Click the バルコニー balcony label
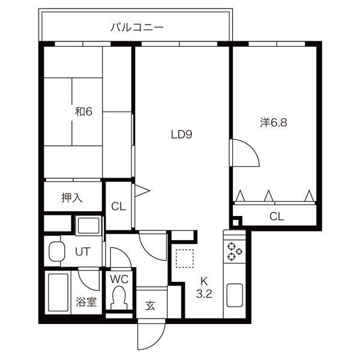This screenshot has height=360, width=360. click(137, 27)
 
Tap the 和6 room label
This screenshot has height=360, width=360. click(83, 112)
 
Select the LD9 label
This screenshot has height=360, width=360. click(181, 135)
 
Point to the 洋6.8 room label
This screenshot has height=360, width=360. click(274, 122)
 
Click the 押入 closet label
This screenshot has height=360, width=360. click(72, 197)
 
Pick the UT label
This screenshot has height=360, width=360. click(82, 251)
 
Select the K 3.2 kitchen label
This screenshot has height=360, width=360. click(204, 287)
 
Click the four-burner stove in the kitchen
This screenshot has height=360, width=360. click(233, 251)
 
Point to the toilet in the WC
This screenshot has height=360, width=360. click(120, 298)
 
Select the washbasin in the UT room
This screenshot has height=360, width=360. click(56, 252)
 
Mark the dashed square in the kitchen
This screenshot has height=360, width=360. click(185, 260)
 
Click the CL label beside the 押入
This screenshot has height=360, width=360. click(118, 206)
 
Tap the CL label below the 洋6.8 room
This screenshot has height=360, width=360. click(275, 216)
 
